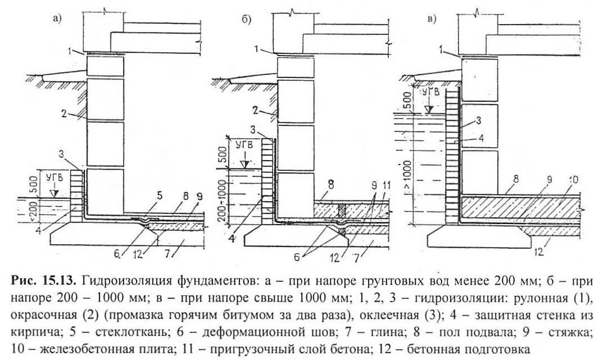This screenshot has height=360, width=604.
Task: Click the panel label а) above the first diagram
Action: point(56,19)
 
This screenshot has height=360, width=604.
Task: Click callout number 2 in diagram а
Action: point(66,114)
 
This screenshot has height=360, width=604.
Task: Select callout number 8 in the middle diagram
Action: point(331,183)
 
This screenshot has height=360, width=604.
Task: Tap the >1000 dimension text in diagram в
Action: point(414,167)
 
